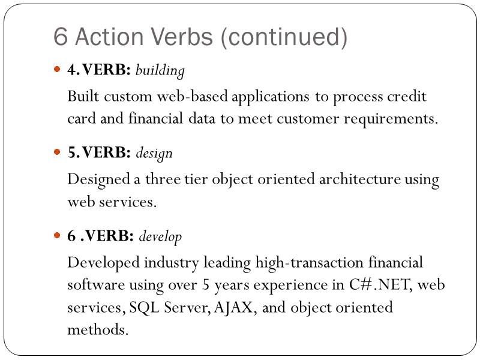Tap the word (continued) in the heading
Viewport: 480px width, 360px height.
(283, 38)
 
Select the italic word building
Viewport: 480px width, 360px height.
(160, 71)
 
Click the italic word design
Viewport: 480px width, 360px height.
(154, 154)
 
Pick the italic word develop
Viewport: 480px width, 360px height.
(160, 236)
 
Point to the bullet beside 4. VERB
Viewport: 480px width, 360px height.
(58, 71)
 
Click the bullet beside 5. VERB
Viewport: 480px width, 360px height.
(58, 154)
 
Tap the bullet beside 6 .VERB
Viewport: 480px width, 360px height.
(58, 236)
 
